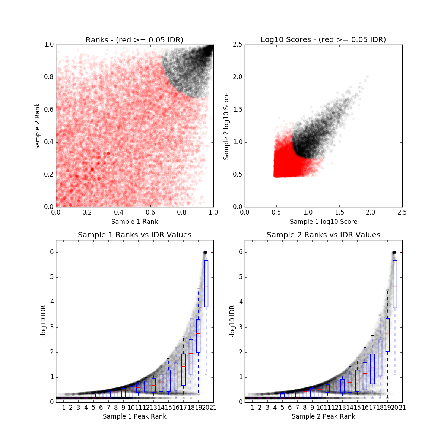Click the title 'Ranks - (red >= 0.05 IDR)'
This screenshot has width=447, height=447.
[134, 40]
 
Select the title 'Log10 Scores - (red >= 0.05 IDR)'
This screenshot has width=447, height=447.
[323, 40]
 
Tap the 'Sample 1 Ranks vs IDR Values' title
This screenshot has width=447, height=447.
[134, 235]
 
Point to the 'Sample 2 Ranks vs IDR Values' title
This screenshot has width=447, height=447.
[323, 235]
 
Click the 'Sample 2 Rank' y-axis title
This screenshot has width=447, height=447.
[37, 126]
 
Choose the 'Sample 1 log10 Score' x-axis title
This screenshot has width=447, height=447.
[323, 222]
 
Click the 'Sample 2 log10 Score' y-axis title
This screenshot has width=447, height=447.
[226, 126]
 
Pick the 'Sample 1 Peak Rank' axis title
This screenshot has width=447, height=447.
[134, 416]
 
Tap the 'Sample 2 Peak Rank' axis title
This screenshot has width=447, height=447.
[323, 416]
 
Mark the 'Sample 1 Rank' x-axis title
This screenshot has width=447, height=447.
[134, 222]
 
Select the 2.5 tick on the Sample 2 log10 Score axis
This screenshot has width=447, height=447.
[238, 45]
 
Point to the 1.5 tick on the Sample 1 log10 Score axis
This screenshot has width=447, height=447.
[339, 212]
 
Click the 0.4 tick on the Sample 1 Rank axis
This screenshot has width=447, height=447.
[119, 212]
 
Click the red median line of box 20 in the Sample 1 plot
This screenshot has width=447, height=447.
[206, 286]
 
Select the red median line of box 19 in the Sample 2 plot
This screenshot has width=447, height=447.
[387, 333]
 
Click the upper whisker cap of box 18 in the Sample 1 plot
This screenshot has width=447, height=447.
[191, 318]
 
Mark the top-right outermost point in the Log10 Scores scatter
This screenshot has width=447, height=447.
[367, 77]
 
